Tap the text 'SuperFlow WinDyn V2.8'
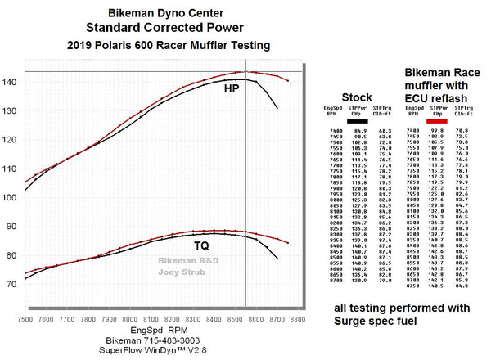155,351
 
